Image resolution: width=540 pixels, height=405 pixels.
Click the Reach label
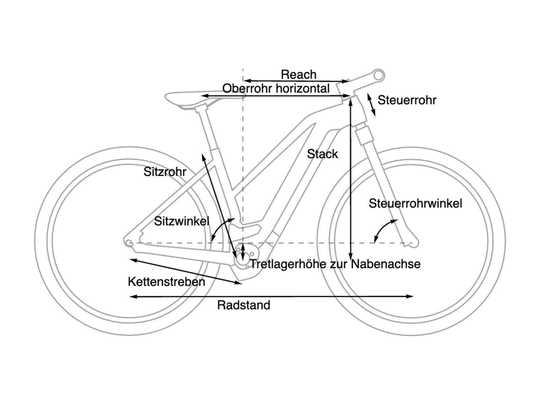(299, 74)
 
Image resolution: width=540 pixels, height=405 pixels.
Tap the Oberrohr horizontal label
(276, 88)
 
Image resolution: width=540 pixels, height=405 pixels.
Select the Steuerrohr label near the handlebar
(407, 100)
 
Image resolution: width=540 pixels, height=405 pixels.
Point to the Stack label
(322, 154)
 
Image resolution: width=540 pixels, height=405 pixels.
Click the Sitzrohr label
(165, 172)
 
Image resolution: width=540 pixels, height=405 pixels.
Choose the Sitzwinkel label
(182, 221)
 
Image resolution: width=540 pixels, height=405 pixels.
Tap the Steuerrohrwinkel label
(415, 204)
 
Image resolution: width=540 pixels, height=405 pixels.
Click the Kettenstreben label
(166, 281)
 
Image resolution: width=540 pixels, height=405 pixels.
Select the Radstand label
(244, 305)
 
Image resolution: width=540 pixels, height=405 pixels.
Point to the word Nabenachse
(386, 264)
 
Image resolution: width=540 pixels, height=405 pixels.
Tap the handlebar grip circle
(379, 75)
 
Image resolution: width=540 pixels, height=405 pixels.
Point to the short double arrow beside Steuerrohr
(371, 105)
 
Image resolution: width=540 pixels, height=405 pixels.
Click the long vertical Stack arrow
(351, 179)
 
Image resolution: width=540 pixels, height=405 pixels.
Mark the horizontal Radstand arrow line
(272, 296)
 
